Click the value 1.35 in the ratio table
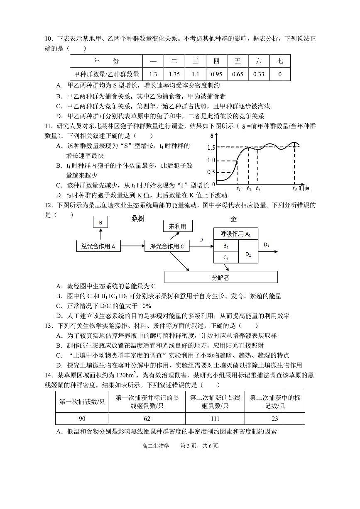[x=174, y=75]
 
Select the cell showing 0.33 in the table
[x=259, y=75]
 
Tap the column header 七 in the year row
[x=280, y=61]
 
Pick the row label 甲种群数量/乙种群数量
[x=106, y=75]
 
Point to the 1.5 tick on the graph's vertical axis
[x=211, y=148]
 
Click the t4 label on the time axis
[x=294, y=188]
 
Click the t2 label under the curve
[x=248, y=188]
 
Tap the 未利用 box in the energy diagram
[x=178, y=226]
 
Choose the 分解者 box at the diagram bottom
[x=221, y=278]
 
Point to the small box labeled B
[x=100, y=223]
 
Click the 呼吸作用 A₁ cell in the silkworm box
[x=235, y=234]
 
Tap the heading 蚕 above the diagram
[x=233, y=219]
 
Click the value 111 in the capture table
[x=215, y=419]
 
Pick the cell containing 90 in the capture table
[x=82, y=419]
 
